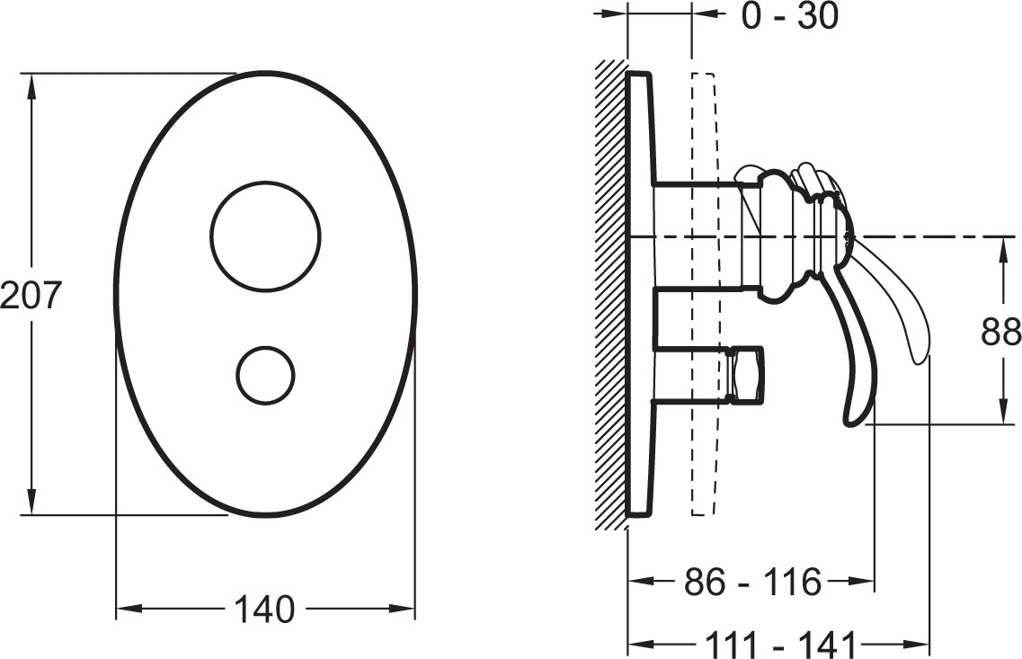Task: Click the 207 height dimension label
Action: pyautogui.click(x=30, y=295)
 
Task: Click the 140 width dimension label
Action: pyautogui.click(x=264, y=610)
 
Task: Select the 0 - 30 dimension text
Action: pyautogui.click(x=790, y=15)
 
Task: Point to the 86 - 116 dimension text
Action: pyautogui.click(x=753, y=582)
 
